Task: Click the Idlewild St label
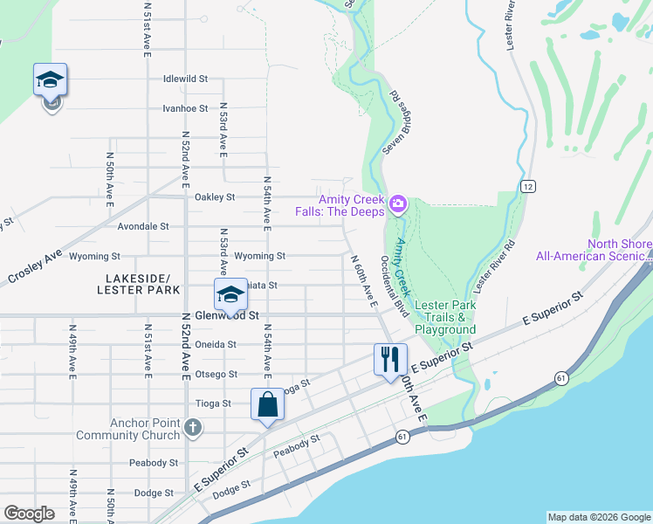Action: tap(185, 79)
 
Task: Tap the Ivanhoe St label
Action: tap(185, 109)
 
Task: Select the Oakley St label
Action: tap(215, 197)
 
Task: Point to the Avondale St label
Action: tap(142, 226)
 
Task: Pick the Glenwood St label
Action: tap(228, 314)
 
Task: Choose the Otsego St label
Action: tap(217, 374)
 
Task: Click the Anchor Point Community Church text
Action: tap(128, 429)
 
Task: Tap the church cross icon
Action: tap(193, 429)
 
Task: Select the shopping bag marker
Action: tap(267, 404)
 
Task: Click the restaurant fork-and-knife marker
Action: tap(390, 359)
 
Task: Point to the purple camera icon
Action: tap(398, 205)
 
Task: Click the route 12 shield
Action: tap(529, 186)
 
